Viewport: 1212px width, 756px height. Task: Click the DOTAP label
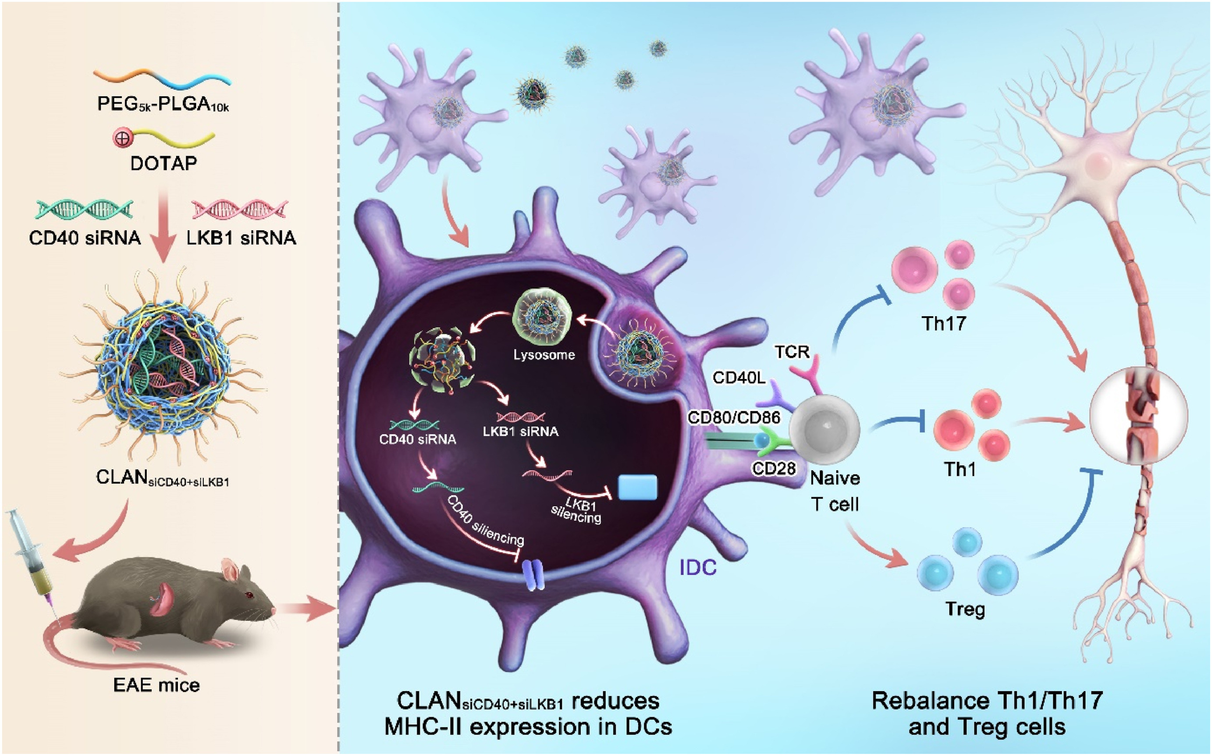point(163,164)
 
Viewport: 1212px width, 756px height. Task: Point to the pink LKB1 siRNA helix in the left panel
point(240,210)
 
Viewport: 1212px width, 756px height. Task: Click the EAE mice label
point(156,685)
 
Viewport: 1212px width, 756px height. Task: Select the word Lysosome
point(544,355)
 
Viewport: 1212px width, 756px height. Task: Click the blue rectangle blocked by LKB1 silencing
point(637,488)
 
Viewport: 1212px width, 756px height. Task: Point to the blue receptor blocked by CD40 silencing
point(533,574)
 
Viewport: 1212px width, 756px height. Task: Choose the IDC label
point(698,567)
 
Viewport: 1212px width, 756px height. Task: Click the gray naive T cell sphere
point(824,429)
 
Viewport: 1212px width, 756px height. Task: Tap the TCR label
point(792,352)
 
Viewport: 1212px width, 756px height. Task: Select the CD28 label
point(773,468)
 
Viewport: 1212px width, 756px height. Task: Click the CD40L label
point(739,378)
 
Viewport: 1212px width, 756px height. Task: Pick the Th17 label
point(944,324)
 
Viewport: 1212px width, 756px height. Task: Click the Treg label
point(965,609)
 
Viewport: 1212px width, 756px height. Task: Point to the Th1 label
point(960,469)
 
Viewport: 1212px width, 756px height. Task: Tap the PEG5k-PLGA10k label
point(163,104)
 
